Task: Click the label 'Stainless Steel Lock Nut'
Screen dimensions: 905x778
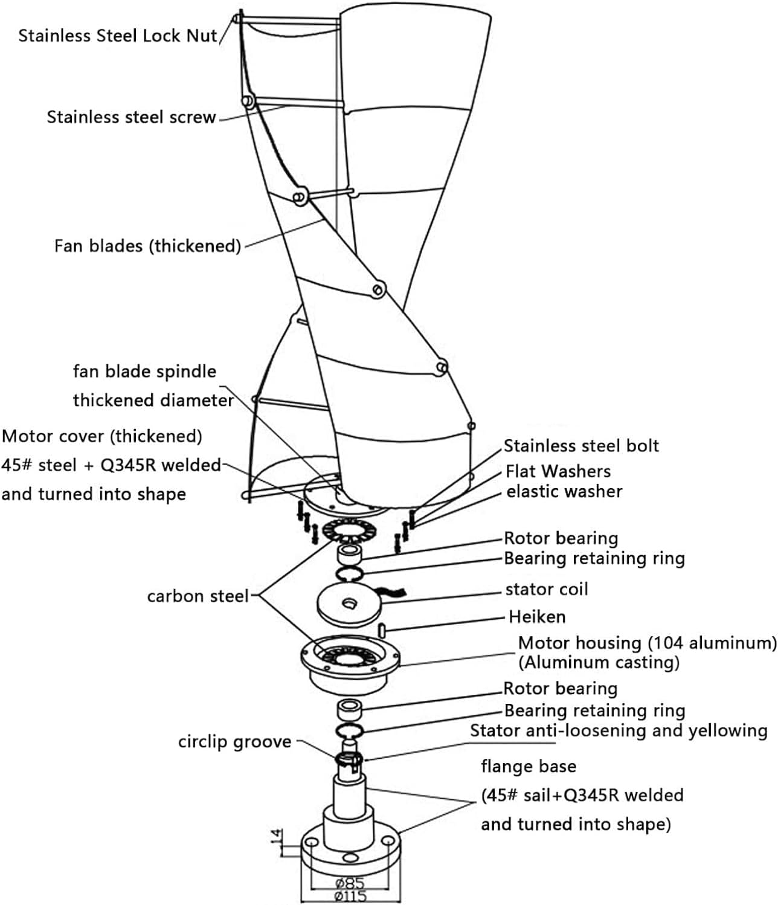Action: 117,36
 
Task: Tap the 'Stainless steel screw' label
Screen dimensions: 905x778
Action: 131,117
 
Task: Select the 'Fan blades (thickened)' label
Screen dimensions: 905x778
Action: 147,246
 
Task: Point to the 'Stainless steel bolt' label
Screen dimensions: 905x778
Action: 581,446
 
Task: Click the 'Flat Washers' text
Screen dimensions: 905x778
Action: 558,471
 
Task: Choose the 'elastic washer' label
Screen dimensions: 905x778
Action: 564,491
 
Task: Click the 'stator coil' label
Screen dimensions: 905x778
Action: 546,589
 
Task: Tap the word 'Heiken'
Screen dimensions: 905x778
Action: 537,617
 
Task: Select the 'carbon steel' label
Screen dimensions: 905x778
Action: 198,596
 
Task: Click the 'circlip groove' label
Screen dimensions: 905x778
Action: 234,742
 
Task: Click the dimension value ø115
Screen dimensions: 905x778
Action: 350,896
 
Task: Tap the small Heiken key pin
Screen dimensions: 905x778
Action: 382,630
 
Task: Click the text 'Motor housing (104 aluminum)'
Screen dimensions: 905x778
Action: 647,643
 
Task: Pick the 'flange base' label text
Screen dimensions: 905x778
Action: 528,767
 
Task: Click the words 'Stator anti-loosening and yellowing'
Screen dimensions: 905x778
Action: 619,730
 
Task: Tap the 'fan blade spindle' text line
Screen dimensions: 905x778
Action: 144,371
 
